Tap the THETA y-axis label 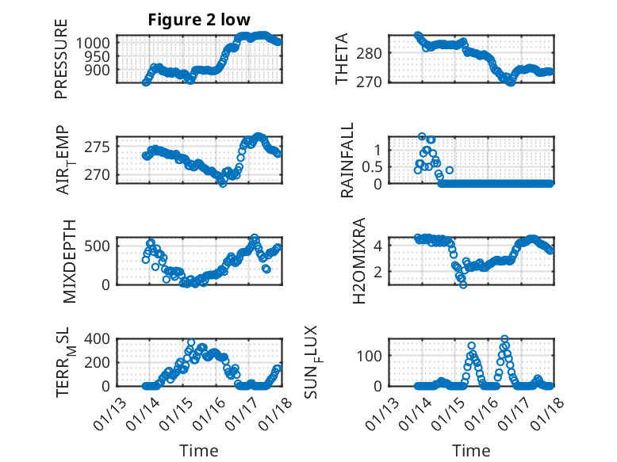tap(341, 59)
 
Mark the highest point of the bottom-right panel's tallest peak tap(504, 339)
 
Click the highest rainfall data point tap(422, 136)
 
